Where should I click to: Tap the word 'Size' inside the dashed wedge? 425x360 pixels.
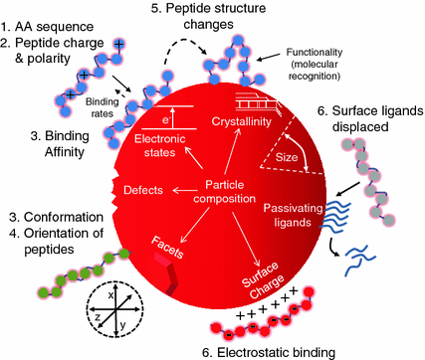coord(289,156)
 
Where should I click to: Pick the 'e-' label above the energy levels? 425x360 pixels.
coord(171,118)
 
